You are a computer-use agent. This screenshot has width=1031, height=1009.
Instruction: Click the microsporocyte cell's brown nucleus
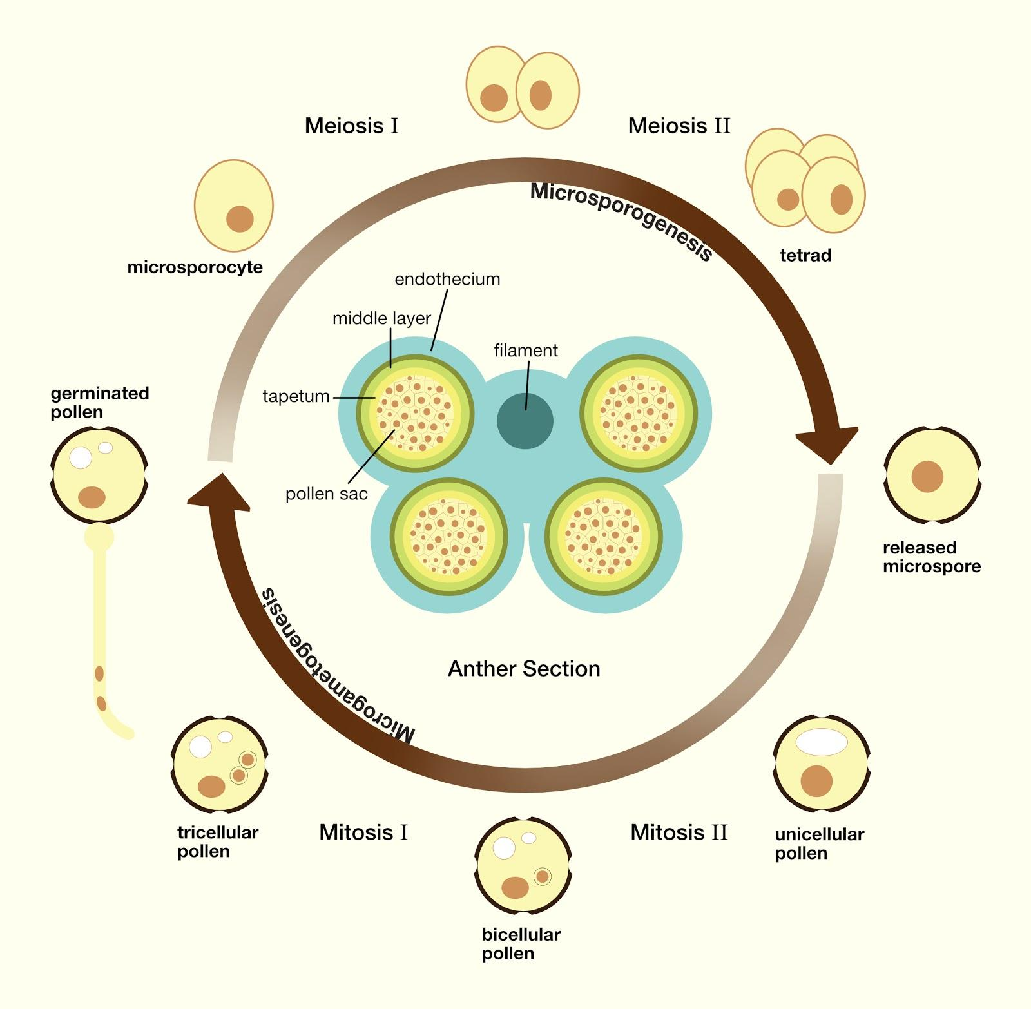pos(240,219)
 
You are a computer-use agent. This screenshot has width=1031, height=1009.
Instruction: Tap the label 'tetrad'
pos(805,255)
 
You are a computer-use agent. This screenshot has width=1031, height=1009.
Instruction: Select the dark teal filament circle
pos(525,420)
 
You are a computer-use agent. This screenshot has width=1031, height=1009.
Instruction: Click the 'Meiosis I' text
pos(352,125)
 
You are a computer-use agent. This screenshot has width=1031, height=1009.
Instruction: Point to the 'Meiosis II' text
pos(679,125)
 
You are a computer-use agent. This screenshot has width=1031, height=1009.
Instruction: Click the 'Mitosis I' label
pos(363,832)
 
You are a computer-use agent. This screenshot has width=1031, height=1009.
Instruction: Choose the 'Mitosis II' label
pos(679,832)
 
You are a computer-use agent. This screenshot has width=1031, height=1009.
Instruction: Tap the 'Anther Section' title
pos(524,669)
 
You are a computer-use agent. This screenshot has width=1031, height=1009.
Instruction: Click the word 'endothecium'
pos(447,279)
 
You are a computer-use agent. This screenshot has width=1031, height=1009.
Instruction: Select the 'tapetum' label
pos(296,396)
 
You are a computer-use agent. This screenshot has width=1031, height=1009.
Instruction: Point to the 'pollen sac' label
pos(327,494)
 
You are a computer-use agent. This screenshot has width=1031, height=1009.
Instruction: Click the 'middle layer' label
pos(381,318)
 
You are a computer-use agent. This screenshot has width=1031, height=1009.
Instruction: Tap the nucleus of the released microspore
pos(927,477)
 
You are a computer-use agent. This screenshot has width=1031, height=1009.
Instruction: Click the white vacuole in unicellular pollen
pos(821,742)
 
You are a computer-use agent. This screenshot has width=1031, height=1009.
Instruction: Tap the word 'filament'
pos(526,351)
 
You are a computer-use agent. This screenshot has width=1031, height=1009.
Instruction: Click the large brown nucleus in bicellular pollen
pos(515,887)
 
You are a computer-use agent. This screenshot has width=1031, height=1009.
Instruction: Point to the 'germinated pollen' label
pos(100,402)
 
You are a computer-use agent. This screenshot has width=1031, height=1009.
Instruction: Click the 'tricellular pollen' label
pos(217,841)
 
